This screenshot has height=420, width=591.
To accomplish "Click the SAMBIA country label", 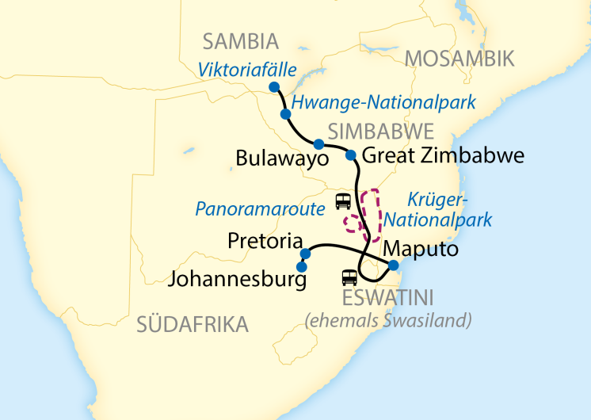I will click(241, 41).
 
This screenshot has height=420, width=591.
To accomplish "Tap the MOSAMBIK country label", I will click(459, 58).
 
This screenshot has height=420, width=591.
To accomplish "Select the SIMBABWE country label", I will click(381, 131).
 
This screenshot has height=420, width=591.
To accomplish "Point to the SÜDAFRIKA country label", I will click(193, 323).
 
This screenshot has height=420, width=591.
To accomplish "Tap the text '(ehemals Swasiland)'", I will click(388, 320).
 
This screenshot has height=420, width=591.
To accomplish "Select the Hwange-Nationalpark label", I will click(383, 102).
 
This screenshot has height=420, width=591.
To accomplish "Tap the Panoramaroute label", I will click(261, 209).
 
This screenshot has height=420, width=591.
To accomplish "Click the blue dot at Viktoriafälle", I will click(274, 86).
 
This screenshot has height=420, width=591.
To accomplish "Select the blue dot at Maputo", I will click(393, 265).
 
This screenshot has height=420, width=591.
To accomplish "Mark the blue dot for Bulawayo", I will click(318, 144).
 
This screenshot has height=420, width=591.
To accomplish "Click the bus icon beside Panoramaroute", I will click(343, 201).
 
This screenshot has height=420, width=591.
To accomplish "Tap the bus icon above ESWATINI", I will click(349, 277).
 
